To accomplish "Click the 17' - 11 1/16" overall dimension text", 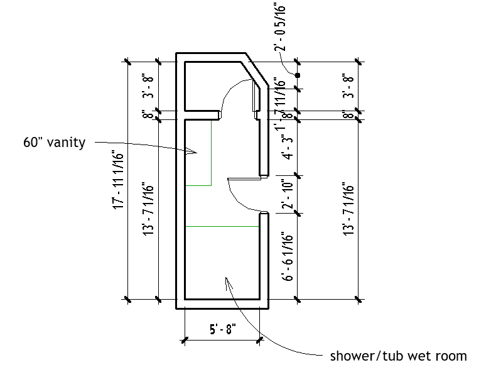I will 117,180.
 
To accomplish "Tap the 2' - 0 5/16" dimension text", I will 281,27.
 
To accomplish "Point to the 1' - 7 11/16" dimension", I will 282,101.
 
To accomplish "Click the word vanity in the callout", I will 68,143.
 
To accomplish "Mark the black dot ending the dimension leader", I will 298,75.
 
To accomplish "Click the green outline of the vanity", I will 211,154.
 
